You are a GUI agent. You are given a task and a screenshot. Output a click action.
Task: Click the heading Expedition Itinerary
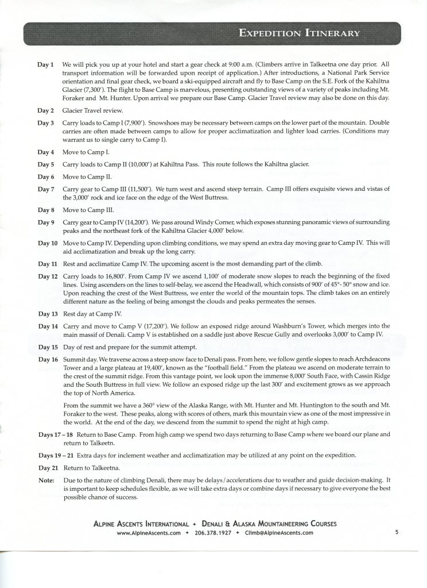click(298, 32)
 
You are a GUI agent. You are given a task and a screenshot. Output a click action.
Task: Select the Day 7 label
click(45, 189)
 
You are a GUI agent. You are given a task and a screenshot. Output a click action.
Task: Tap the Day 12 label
click(48, 276)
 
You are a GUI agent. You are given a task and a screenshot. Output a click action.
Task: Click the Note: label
click(46, 479)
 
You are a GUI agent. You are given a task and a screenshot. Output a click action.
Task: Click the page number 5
click(397, 532)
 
